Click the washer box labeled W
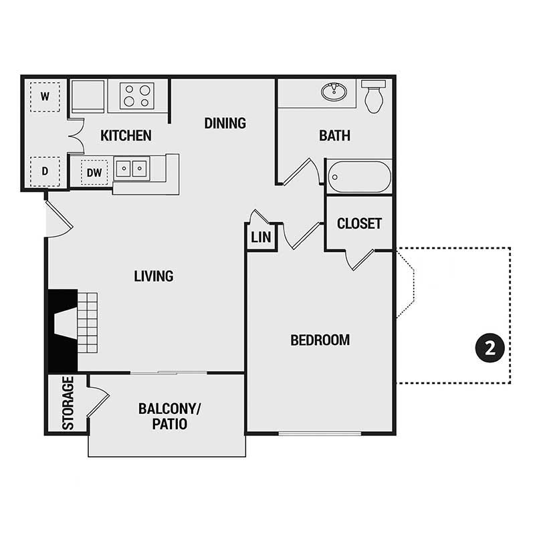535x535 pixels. tap(45, 96)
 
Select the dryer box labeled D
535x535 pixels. tap(45, 171)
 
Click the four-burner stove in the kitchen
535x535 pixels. tap(137, 96)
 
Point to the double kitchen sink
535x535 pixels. tap(131, 168)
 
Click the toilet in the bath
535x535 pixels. tap(374, 96)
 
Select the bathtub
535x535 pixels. tap(358, 177)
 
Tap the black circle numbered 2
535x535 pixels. tap(489, 348)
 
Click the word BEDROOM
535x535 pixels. tap(320, 340)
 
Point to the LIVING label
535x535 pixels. tap(153, 276)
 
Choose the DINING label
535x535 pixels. tap(225, 123)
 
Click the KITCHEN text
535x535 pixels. tap(126, 136)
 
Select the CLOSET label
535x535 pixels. tap(359, 223)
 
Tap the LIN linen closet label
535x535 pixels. tap(260, 237)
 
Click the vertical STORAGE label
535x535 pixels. tap(68, 403)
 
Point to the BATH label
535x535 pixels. tap(334, 136)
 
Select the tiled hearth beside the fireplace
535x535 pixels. tap(88, 322)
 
